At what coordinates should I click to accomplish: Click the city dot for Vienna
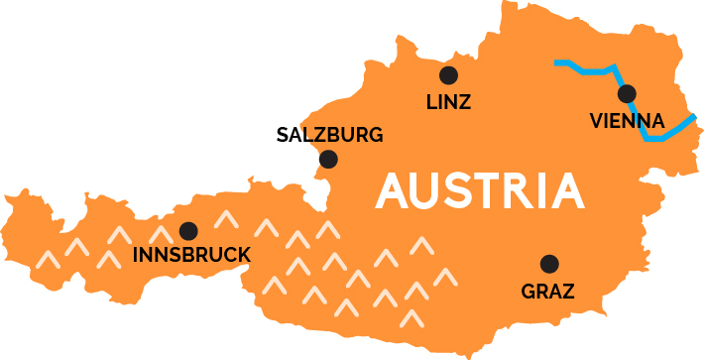click(x=627, y=94)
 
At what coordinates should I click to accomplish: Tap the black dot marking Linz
click(x=448, y=74)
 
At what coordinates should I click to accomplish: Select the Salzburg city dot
click(x=328, y=159)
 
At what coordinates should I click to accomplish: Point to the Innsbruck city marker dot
click(x=187, y=231)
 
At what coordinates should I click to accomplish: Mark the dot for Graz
click(x=548, y=264)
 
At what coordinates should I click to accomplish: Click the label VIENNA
click(x=627, y=121)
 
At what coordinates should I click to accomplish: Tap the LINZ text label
click(x=448, y=101)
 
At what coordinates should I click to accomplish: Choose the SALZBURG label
click(x=329, y=135)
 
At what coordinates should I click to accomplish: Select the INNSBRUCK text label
click(x=191, y=256)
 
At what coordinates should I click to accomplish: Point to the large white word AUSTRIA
click(x=479, y=190)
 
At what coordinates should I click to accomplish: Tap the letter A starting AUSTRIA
click(x=393, y=190)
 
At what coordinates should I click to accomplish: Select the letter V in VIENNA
click(x=596, y=121)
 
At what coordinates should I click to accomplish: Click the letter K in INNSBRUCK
click(x=244, y=256)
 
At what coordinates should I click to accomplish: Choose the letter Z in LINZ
click(x=465, y=101)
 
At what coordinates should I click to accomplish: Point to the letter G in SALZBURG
click(x=376, y=135)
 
